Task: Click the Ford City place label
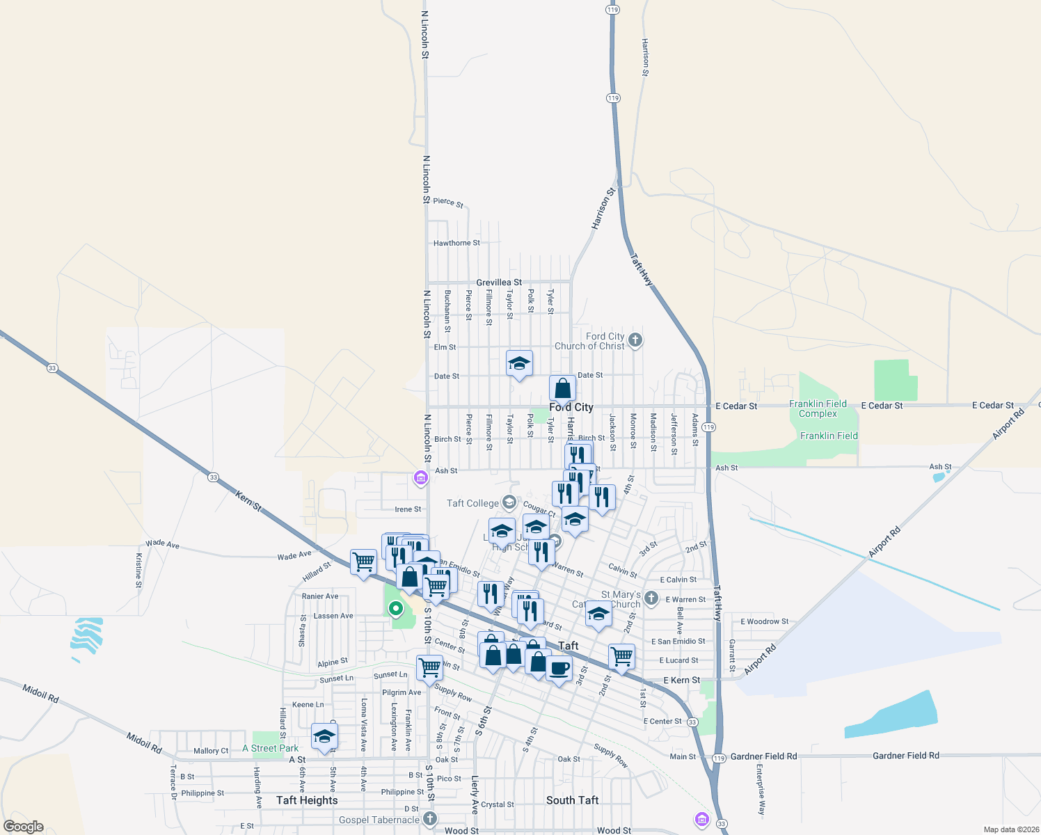tap(571, 407)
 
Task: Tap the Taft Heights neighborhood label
tap(307, 800)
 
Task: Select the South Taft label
tap(572, 800)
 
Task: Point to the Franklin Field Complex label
tap(818, 408)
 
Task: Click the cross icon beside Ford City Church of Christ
tap(635, 340)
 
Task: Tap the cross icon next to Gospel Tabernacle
tap(430, 819)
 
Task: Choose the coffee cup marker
tap(559, 669)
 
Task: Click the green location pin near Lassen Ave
tap(395, 609)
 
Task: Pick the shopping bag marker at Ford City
tap(562, 389)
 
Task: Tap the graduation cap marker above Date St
tap(519, 363)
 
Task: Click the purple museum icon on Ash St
tap(420, 478)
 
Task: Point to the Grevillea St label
tap(499, 283)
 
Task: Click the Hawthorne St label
tap(456, 243)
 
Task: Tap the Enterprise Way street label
tap(761, 789)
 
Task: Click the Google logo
tap(24, 827)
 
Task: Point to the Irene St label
tap(408, 509)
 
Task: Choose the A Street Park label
tap(271, 749)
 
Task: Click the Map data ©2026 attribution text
tap(1008, 829)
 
